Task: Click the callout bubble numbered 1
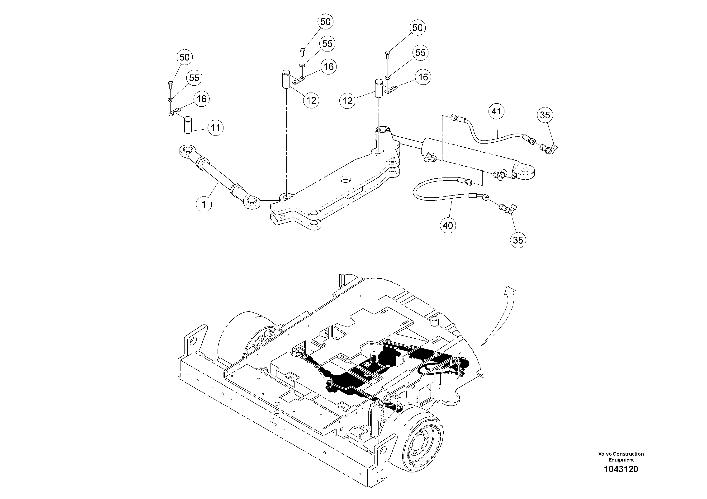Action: pyautogui.click(x=204, y=204)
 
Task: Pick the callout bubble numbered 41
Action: pyautogui.click(x=496, y=111)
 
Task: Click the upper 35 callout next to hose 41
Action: pyautogui.click(x=545, y=115)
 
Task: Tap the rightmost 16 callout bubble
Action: pyautogui.click(x=423, y=77)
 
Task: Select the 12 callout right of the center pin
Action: pyautogui.click(x=311, y=100)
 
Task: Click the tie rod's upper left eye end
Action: pyautogui.click(x=187, y=150)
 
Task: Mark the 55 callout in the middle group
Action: pyautogui.click(x=327, y=44)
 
